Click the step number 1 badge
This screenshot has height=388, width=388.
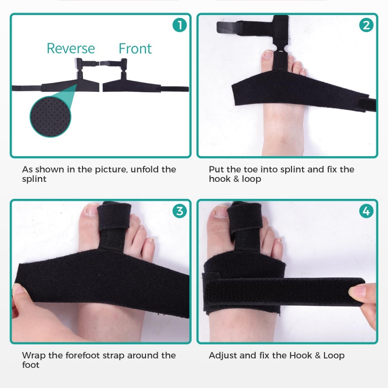pos(179,25)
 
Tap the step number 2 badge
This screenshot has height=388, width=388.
pos(367,25)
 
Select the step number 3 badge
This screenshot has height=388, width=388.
pos(179,211)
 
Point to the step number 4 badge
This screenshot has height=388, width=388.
pos(367,211)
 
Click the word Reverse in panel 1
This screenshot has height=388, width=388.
pos(71,48)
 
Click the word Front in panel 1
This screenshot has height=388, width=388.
pos(135,48)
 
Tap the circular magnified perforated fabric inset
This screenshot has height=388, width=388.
pos(50,117)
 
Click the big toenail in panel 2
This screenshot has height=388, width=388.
pos(268,54)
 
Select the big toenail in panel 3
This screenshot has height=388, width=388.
pos(92,210)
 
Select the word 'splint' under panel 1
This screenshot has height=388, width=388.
pos(34,179)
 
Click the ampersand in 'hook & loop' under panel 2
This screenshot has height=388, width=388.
pos(236,179)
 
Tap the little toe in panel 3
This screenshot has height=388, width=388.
pos(149,249)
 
